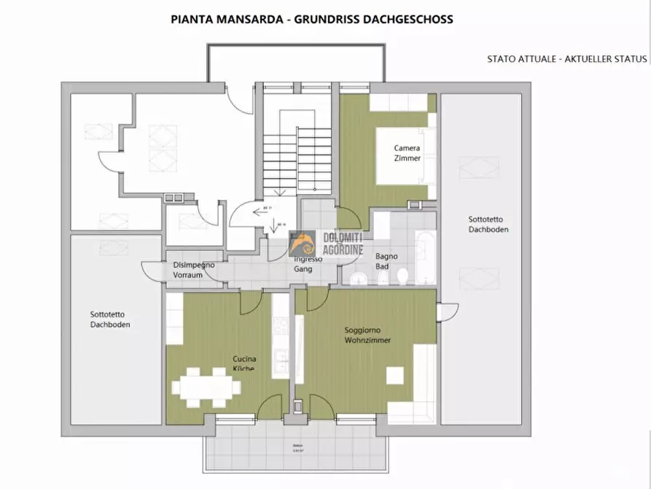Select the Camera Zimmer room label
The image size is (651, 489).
[x=407, y=153]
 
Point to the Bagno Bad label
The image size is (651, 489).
[x=386, y=261]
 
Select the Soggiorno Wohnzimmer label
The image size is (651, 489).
[x=367, y=335]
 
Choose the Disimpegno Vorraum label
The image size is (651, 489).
[x=193, y=270]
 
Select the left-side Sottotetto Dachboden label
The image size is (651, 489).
[x=110, y=319]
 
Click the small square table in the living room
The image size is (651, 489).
[x=394, y=375]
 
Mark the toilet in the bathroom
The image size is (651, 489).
[x=402, y=276]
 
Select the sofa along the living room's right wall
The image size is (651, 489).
[x=424, y=383]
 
